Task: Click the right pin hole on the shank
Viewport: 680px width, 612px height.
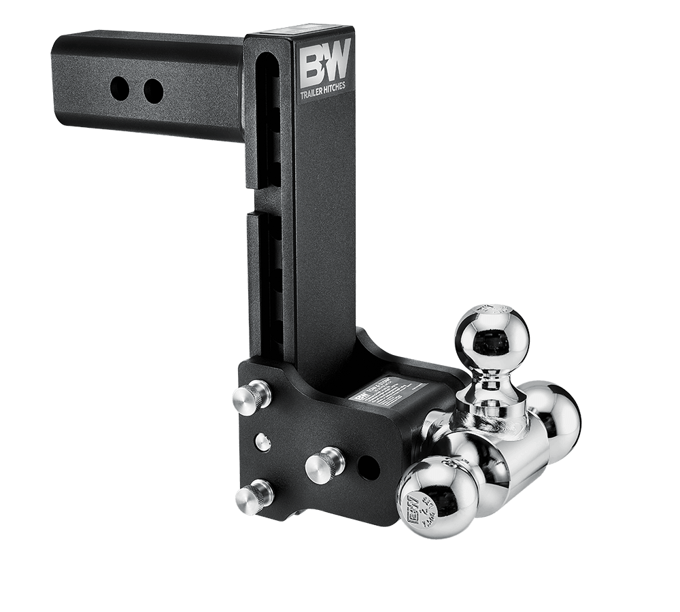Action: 154,90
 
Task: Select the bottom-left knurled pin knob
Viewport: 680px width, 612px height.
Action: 250,496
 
